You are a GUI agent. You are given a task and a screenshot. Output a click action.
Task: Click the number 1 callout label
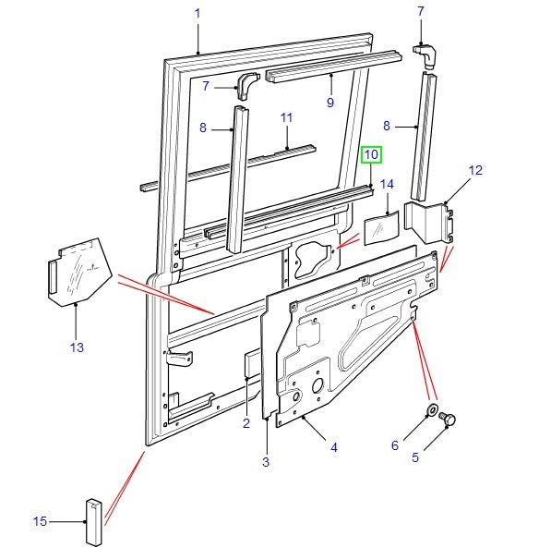pos(197,12)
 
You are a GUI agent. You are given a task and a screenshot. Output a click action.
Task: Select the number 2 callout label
pos(246,423)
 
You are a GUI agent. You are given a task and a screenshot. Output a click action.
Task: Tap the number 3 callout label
pos(265,460)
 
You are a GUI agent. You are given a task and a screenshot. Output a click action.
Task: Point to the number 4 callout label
pos(333,447)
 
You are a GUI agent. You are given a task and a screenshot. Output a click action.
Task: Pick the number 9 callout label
pos(329,103)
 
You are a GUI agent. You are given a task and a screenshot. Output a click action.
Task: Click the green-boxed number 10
pos(370,154)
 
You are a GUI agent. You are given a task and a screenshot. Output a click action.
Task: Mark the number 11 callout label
pos(286,118)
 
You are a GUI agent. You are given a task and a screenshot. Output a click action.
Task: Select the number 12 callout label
pos(475,170)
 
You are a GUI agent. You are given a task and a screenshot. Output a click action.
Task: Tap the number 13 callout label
pos(77,347)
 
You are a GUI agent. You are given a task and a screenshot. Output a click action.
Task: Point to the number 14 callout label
pos(387,184)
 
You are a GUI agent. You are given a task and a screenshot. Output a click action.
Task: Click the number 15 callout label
pos(40,522)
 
